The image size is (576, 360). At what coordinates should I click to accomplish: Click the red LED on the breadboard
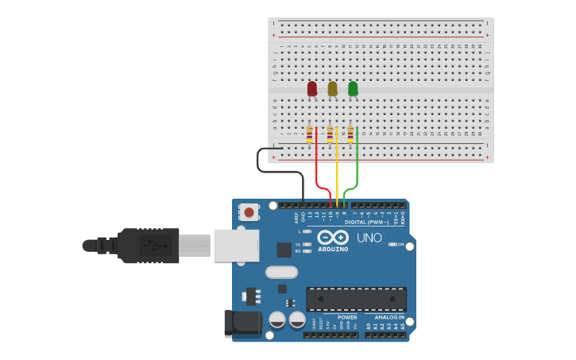[x=312, y=88]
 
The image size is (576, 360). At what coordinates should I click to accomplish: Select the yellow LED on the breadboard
[x=332, y=88]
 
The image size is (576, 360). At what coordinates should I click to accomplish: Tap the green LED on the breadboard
[x=353, y=88]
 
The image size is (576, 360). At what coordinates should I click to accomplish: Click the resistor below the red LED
[x=309, y=134]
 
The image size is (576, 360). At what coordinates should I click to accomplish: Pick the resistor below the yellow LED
[x=330, y=134]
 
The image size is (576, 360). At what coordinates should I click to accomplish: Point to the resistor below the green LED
[x=350, y=134]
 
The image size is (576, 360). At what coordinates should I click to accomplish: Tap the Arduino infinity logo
[x=333, y=237]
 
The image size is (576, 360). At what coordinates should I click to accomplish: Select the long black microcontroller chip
[x=356, y=299]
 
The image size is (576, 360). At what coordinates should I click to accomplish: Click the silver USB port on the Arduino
[x=237, y=246]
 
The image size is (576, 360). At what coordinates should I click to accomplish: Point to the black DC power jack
[x=242, y=322]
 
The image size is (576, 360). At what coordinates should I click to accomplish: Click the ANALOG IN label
[x=389, y=317]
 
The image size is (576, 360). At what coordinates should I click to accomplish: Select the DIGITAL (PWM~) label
[x=367, y=222]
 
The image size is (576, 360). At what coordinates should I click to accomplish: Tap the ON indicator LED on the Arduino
[x=393, y=244]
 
